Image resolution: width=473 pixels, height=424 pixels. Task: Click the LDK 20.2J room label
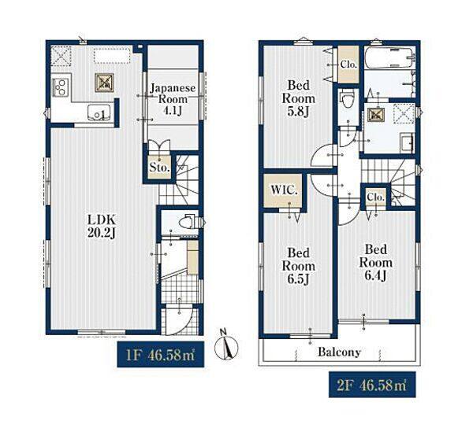102,227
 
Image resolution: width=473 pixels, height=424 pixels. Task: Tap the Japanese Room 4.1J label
173,99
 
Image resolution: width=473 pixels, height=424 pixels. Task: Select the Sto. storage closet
159,168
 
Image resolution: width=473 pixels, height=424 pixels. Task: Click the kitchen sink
99,112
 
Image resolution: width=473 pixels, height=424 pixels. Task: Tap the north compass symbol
226,345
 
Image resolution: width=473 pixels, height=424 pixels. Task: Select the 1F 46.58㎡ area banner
161,354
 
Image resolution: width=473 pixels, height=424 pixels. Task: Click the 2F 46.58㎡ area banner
372,385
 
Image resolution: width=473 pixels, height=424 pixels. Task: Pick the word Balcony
339,352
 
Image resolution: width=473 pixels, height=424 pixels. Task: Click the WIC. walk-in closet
283,190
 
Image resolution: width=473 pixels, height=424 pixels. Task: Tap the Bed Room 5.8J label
298,98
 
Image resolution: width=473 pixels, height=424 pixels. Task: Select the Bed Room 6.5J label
298,266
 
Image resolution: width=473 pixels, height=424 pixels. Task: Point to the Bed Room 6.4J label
375,263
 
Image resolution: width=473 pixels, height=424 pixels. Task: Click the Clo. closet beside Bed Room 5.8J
348,65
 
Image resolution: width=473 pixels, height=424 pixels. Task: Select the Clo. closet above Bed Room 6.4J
376,197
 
